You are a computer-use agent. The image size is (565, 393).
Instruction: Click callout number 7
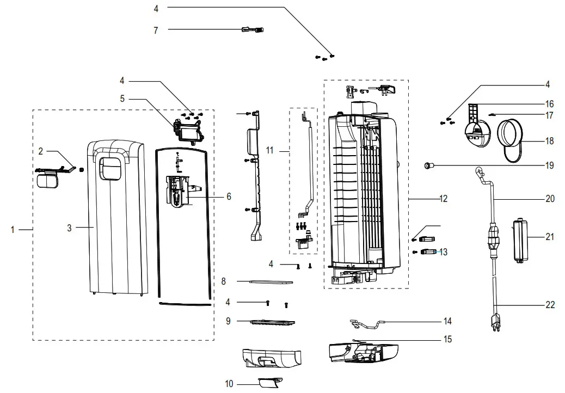pyautogui.click(x=156, y=31)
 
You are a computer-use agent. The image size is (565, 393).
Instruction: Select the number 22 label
pyautogui.click(x=550, y=305)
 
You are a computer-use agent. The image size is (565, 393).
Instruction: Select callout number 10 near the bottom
pyautogui.click(x=229, y=384)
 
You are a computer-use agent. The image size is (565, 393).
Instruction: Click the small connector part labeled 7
pyautogui.click(x=253, y=30)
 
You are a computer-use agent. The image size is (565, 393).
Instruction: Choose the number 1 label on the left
pyautogui.click(x=13, y=230)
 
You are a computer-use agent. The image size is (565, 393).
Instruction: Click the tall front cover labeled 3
pyautogui.click(x=119, y=218)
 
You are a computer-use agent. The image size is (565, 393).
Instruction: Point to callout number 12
pyautogui.click(x=443, y=199)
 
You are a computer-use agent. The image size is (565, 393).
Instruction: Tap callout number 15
pyautogui.click(x=447, y=339)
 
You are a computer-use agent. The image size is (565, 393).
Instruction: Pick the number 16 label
pyautogui.click(x=550, y=103)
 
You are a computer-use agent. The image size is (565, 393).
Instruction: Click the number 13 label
pyautogui.click(x=444, y=251)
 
